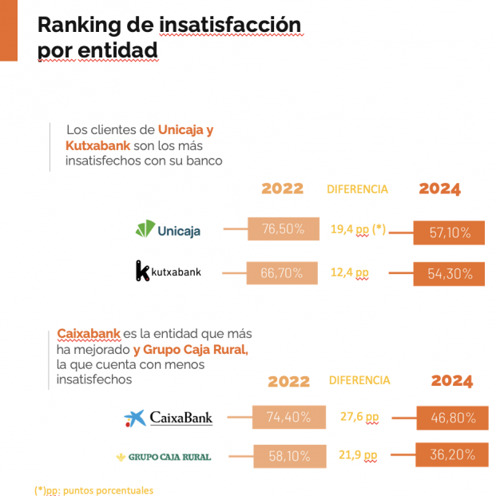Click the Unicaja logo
click(x=168, y=230)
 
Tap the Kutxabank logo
click(x=168, y=272)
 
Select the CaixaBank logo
click(x=168, y=418)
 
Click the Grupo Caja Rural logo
click(x=164, y=457)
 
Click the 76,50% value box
click(x=283, y=229)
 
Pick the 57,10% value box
click(x=449, y=232)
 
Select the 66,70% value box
click(x=282, y=273)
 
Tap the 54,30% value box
click(x=449, y=274)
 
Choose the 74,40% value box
click(x=288, y=416)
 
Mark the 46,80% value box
click(x=452, y=418)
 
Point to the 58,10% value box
click(x=288, y=456)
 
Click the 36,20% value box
click(x=452, y=455)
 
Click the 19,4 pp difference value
click(x=358, y=229)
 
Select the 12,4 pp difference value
click(x=349, y=273)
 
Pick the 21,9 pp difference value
click(x=357, y=455)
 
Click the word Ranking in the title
click(x=79, y=26)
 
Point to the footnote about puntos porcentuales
click(x=93, y=490)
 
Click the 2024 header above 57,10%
click(x=439, y=189)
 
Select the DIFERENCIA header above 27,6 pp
click(x=359, y=381)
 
